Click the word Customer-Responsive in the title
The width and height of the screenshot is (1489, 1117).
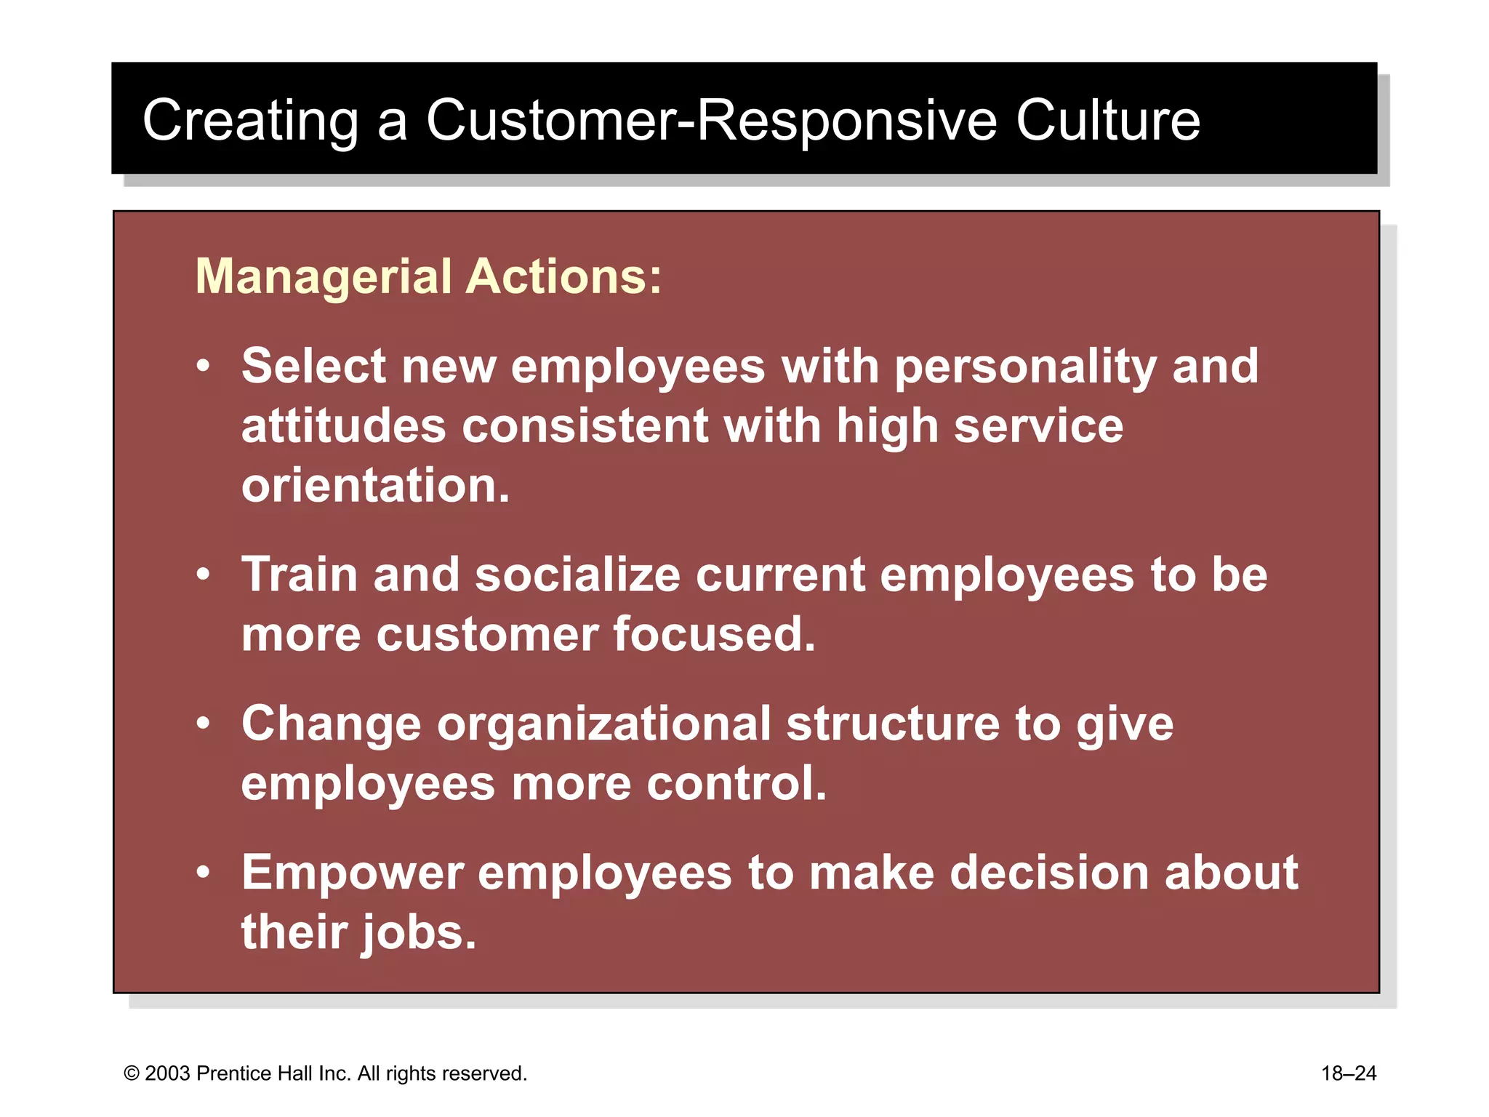click(x=711, y=121)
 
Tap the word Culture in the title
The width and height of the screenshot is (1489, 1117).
click(x=1107, y=121)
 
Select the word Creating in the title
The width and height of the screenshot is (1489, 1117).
click(x=250, y=121)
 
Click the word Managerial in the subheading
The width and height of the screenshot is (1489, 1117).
click(x=324, y=278)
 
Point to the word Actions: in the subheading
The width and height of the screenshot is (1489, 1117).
click(x=563, y=278)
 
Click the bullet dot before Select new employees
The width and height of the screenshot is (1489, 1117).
click(x=204, y=366)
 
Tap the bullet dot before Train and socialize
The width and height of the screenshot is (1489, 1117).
click(x=204, y=575)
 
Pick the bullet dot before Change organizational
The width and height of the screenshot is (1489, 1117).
click(x=204, y=724)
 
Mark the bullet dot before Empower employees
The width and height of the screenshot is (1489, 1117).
click(x=204, y=873)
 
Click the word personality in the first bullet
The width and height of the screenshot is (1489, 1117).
click(x=1025, y=367)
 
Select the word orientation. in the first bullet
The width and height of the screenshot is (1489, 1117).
click(x=376, y=486)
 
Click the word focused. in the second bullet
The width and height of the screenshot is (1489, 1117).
click(x=715, y=635)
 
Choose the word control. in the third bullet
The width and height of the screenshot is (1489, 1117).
click(x=737, y=784)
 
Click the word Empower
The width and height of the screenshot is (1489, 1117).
click(x=353, y=873)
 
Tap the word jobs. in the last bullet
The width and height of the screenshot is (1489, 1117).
click(x=419, y=934)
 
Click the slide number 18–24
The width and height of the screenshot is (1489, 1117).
click(x=1349, y=1074)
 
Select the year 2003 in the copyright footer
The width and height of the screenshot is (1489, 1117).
click(x=168, y=1074)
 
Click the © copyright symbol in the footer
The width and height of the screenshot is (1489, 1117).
click(x=132, y=1074)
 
